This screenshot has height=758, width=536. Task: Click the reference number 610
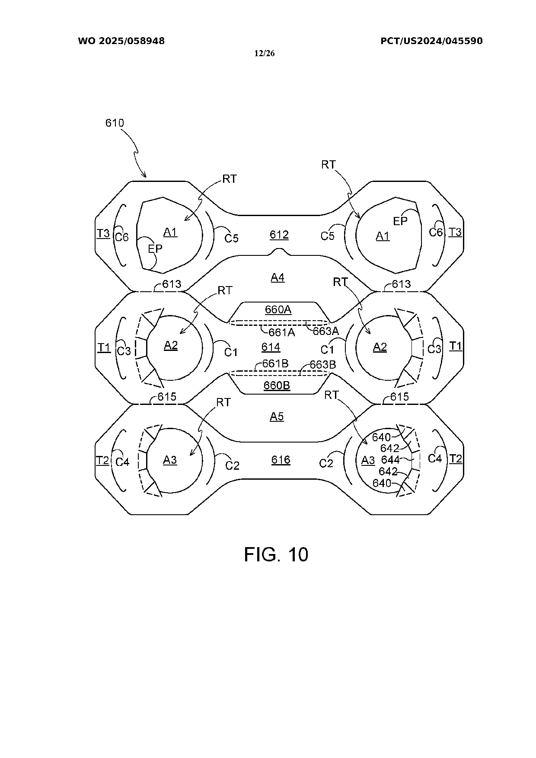(x=115, y=123)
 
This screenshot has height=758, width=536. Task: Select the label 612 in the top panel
(x=279, y=235)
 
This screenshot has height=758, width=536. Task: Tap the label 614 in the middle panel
(x=271, y=347)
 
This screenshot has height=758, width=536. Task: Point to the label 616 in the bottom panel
(x=281, y=460)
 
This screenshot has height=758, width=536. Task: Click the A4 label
(x=278, y=277)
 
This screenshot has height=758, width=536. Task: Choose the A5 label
(x=277, y=417)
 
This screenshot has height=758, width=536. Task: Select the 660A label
(x=278, y=309)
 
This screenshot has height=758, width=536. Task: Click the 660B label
(x=277, y=385)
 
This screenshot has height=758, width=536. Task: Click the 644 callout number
(x=390, y=460)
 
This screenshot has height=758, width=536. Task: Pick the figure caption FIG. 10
(x=276, y=554)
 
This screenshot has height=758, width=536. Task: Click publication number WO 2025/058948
(x=121, y=41)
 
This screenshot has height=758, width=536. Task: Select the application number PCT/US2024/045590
(x=431, y=41)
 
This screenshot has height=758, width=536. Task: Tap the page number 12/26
(x=265, y=54)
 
